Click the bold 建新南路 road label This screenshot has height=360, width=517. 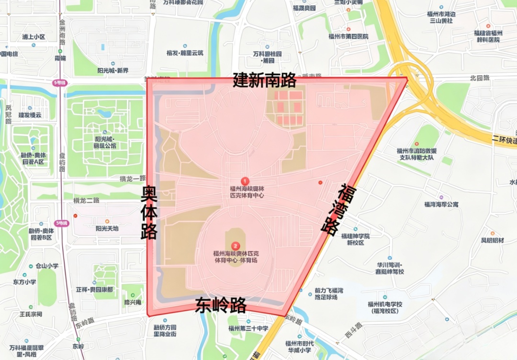click(265, 80)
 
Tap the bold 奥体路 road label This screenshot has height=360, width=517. click(149, 213)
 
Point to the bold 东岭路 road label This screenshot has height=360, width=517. click(221, 305)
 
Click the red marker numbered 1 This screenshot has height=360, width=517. click(245, 181)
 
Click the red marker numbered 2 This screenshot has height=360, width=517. click(235, 246)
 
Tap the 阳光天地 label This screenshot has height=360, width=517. click(107, 228)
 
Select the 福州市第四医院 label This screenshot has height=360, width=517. click(348, 36)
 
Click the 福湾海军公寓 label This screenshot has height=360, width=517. click(441, 204)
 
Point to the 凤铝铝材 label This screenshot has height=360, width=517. click(493, 240)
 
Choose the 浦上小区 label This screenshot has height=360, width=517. click(33, 37)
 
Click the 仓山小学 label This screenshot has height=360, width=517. click(47, 266)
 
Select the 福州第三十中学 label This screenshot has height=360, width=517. click(248, 328)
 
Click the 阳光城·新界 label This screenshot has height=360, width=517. click(113, 70)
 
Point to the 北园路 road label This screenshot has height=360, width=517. click(480, 78)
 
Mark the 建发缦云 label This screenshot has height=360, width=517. click(30, 115)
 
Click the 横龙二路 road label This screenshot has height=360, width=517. click(86, 200)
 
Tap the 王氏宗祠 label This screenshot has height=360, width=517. click(31, 314)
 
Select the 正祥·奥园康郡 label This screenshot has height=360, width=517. click(94, 290)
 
